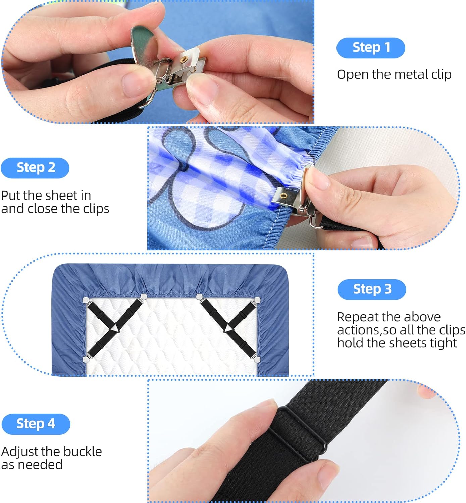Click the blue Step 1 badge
(x=370, y=48)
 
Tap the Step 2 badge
(x=35, y=168)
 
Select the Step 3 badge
(x=371, y=289)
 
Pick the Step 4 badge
(x=36, y=424)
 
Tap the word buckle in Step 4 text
(x=83, y=452)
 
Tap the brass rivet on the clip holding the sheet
(x=284, y=195)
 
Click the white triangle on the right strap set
(x=228, y=329)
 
